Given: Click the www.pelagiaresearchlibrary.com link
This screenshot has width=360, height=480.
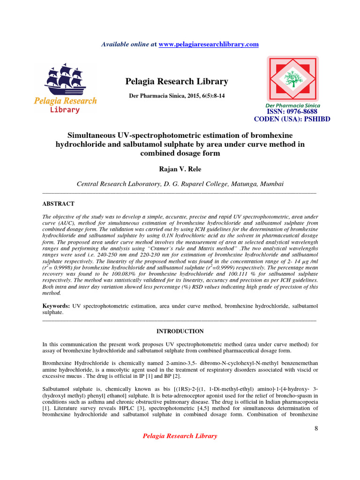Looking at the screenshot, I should coord(209,44).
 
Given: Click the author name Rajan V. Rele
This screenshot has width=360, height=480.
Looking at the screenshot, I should coord(180,168).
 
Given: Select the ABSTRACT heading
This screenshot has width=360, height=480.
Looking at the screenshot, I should coord(58,204).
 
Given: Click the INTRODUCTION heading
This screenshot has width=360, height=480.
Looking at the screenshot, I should coord(180,331).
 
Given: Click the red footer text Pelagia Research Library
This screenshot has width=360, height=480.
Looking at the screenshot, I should coord(180,436).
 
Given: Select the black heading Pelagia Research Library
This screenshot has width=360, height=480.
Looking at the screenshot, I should coord(177,82).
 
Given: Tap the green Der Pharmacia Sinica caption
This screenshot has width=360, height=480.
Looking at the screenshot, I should coord(292,105).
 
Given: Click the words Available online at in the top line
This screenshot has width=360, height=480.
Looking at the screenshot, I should coord(129,44).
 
